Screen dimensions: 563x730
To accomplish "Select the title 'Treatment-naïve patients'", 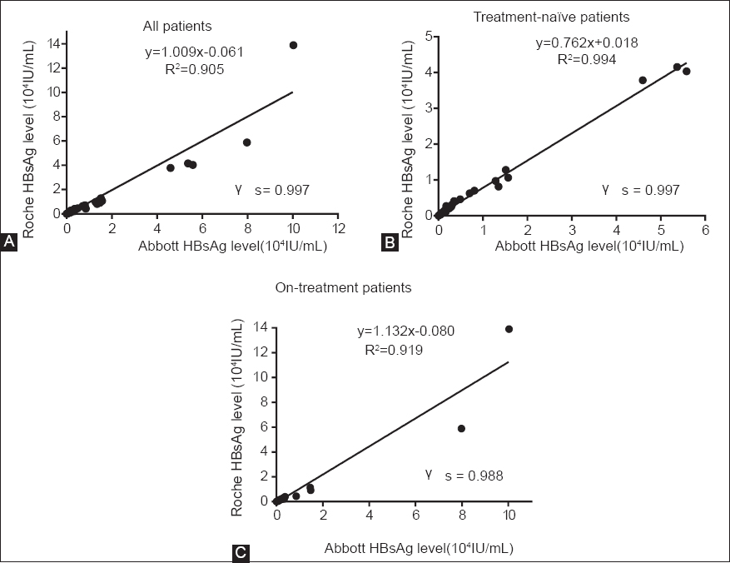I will pyautogui.click(x=573, y=17).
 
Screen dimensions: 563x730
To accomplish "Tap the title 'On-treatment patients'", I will pyautogui.click(x=343, y=287).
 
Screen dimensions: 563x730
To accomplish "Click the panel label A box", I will pyautogui.click(x=10, y=242).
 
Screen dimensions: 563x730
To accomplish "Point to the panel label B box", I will pyautogui.click(x=388, y=242).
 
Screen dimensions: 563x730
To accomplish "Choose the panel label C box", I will pyautogui.click(x=240, y=551).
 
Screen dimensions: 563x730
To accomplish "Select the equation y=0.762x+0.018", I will pyautogui.click(x=586, y=43).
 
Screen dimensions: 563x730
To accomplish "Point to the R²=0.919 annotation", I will pyautogui.click(x=395, y=351).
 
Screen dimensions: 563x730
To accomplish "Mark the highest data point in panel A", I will pyautogui.click(x=293, y=45).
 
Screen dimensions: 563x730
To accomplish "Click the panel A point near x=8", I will pyautogui.click(x=247, y=142).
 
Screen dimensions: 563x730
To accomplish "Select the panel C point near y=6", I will pyautogui.click(x=462, y=428).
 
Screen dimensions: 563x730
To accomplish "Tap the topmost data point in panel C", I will pyautogui.click(x=509, y=329).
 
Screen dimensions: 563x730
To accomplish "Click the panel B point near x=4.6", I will pyautogui.click(x=643, y=80).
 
